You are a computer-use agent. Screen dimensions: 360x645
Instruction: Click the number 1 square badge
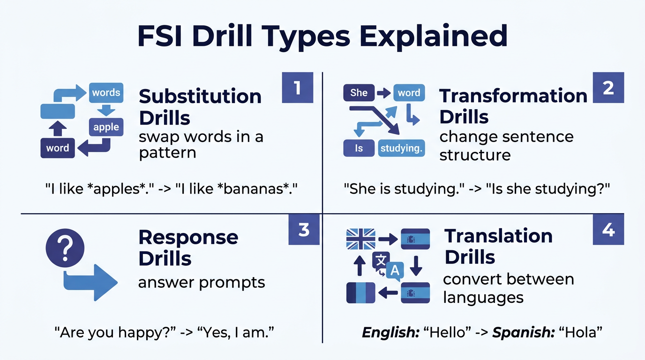(297, 87)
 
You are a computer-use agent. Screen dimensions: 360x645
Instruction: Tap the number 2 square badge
(608, 87)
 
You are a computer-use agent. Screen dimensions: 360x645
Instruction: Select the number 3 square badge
(304, 229)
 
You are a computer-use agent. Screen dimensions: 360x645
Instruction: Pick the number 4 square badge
(608, 229)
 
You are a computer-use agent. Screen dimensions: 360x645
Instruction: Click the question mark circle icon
(65, 247)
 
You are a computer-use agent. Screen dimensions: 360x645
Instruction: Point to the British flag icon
(360, 239)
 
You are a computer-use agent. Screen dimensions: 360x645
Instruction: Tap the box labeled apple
(106, 127)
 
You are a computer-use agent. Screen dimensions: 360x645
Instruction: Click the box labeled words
(106, 92)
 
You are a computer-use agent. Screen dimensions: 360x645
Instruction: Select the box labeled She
(359, 93)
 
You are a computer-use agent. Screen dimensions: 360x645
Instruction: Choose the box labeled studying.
(402, 149)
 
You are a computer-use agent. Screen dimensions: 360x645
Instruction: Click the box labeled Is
(359, 149)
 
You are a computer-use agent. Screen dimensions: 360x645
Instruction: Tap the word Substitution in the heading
(200, 96)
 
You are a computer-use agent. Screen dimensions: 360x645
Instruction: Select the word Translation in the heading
(498, 236)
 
